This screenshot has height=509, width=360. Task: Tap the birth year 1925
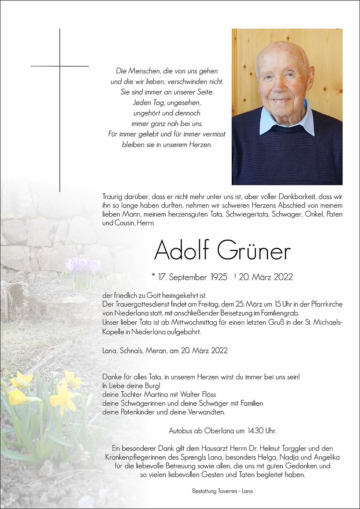tap(219, 277)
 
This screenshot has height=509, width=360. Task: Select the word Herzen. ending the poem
tap(201, 145)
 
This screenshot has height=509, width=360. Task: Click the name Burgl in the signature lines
tap(153, 386)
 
